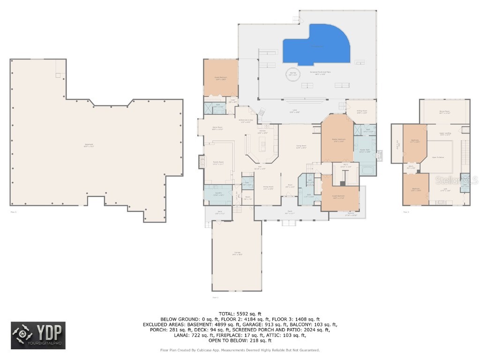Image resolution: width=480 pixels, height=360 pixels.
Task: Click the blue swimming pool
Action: (317, 47)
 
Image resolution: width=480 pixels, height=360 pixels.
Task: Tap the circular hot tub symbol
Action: (293, 75)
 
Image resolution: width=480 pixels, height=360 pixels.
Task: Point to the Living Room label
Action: (301, 146)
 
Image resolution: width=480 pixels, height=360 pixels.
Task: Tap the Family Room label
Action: (218, 163)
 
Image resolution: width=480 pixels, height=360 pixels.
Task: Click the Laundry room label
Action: (218, 194)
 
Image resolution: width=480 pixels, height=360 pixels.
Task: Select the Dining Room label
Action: (268, 188)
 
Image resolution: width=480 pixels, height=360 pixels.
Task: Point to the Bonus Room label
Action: (444, 112)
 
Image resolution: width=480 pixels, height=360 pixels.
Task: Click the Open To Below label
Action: (438, 157)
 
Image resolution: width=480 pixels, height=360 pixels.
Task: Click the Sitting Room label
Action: (361, 112)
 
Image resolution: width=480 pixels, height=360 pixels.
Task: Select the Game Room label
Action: (217, 128)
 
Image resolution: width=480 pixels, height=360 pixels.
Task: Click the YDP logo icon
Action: (23, 335)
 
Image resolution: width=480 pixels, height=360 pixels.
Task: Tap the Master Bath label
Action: (365, 151)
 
